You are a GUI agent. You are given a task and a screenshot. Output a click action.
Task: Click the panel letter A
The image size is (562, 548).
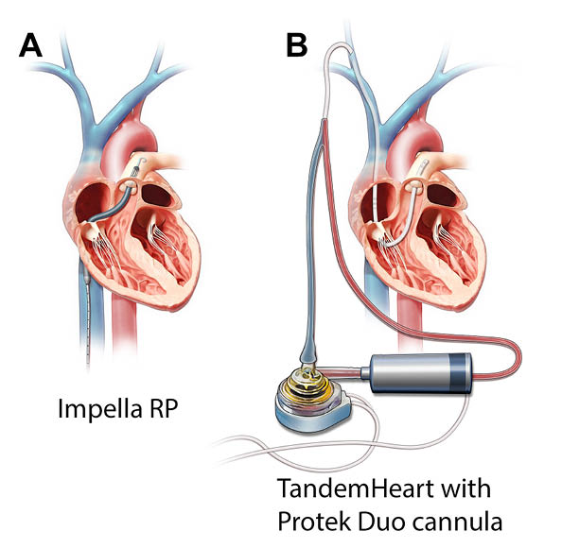(x=30, y=45)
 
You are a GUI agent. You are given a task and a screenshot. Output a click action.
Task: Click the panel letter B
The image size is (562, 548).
(x=296, y=45)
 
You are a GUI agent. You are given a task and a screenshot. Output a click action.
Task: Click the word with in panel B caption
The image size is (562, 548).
(x=465, y=488)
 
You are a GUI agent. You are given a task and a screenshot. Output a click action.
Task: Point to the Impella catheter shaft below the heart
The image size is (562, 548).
(x=87, y=315)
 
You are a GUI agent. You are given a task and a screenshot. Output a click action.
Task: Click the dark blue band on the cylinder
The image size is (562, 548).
(x=460, y=372)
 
